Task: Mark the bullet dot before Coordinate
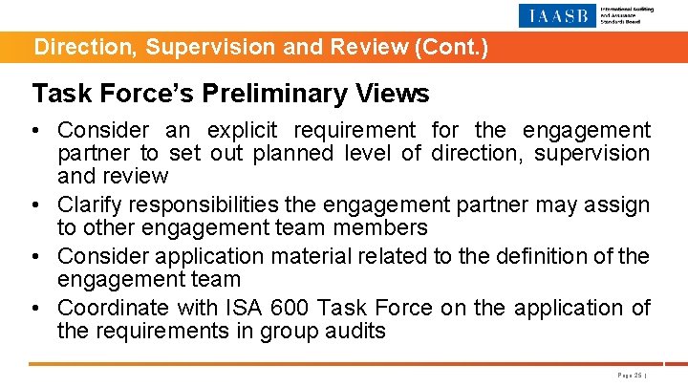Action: coord(41,308)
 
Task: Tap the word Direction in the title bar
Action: coord(72,46)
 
